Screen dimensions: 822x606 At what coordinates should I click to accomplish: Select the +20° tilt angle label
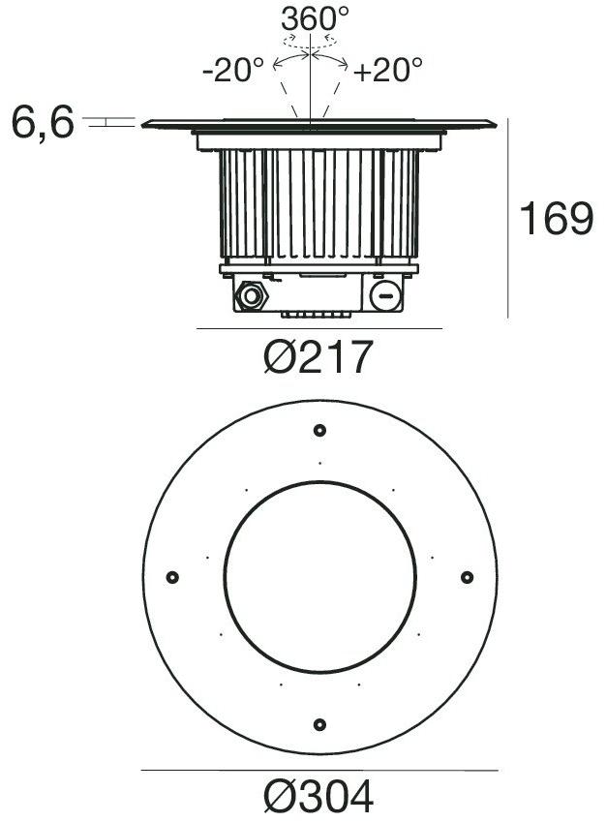click(x=389, y=70)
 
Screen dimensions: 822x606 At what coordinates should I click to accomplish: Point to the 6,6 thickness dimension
click(x=43, y=123)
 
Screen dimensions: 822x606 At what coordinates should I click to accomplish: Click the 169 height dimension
click(x=556, y=220)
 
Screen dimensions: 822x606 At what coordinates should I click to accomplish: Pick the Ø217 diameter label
click(x=318, y=359)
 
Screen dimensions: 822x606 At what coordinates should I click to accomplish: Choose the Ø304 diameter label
click(x=318, y=798)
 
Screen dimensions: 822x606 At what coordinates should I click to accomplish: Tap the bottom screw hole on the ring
click(x=319, y=724)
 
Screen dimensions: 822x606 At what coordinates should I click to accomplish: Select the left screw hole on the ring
click(x=172, y=577)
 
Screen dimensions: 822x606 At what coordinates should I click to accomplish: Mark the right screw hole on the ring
click(x=467, y=577)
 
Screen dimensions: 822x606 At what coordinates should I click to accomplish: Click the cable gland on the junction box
click(x=255, y=295)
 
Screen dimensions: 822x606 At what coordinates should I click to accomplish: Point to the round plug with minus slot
click(x=385, y=295)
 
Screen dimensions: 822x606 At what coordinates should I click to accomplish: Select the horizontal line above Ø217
click(x=318, y=329)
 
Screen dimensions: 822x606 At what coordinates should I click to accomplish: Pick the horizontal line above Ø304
click(x=318, y=771)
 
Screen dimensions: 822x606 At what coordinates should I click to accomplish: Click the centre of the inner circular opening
click(x=319, y=577)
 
